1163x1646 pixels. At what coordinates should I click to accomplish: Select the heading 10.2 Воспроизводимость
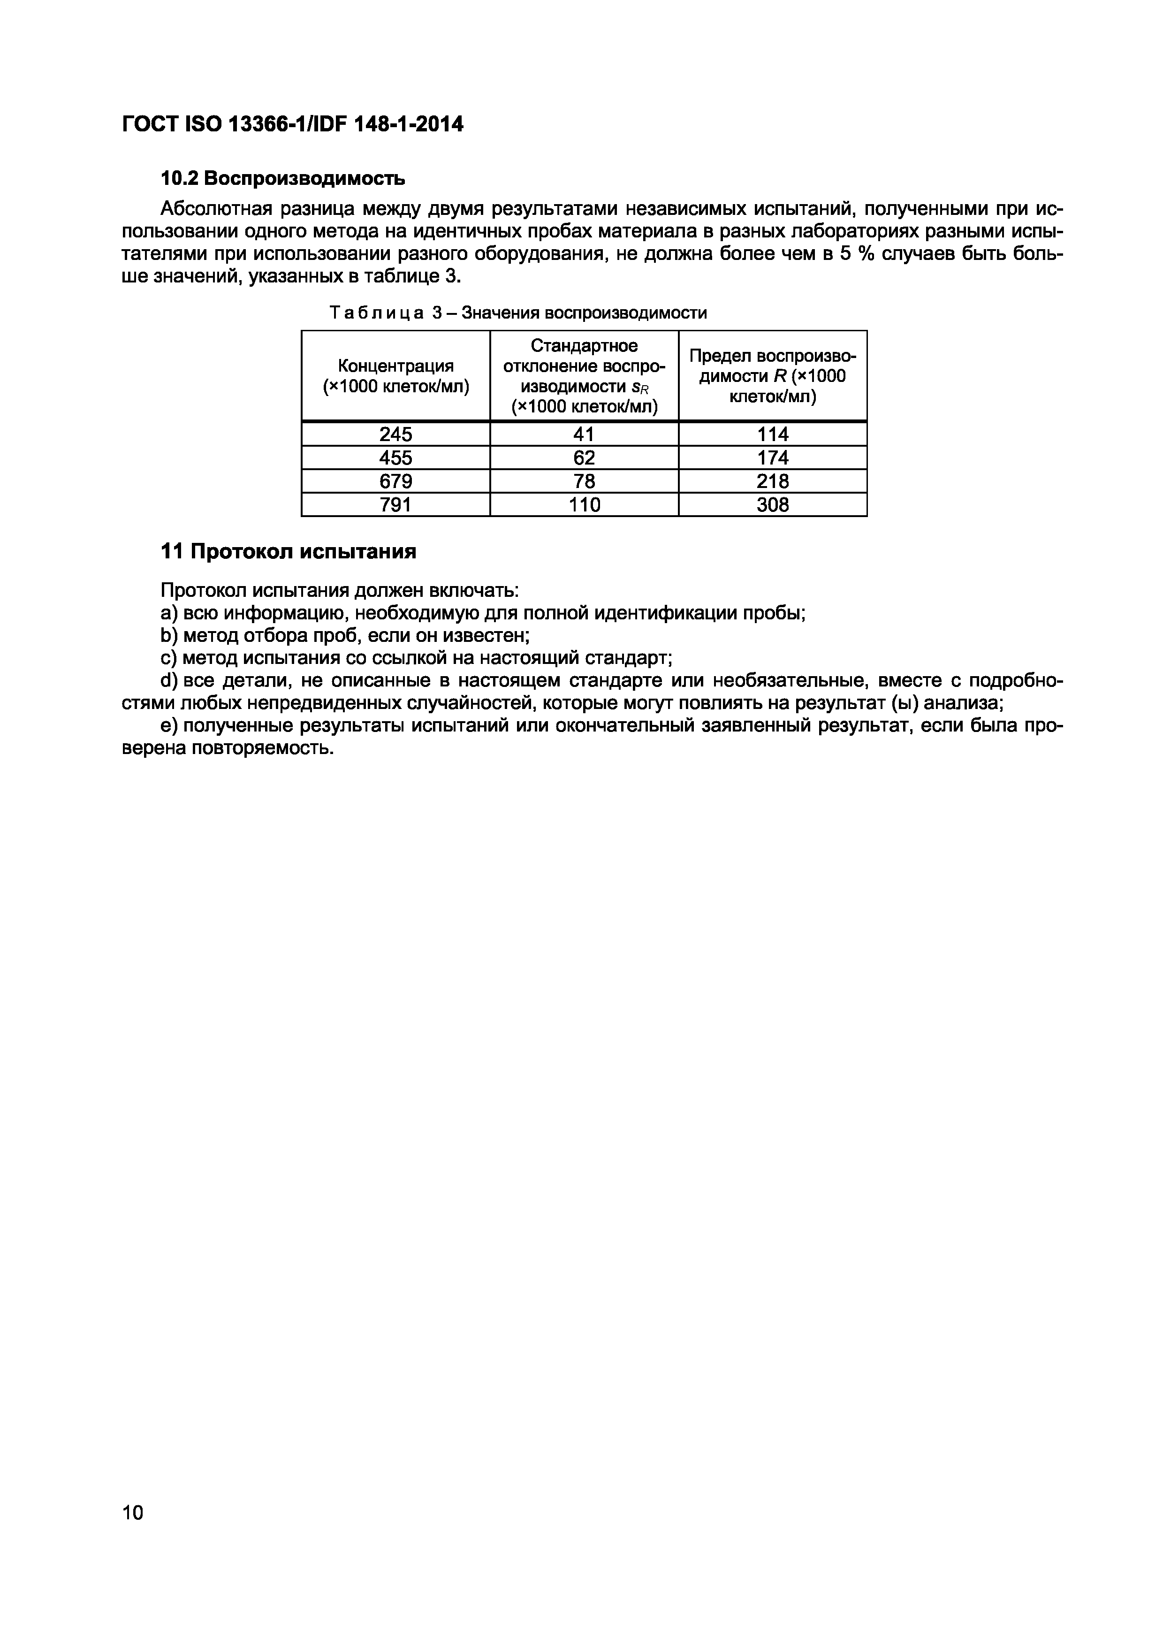point(282,178)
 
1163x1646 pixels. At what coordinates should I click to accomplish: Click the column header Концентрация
point(395,376)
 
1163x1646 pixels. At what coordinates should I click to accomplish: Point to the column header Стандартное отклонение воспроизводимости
point(584,376)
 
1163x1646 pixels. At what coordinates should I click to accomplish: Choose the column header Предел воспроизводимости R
point(773,376)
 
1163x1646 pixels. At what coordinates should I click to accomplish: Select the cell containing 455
point(395,458)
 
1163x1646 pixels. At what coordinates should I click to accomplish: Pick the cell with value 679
point(395,481)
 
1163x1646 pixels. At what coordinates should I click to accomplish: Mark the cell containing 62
point(584,458)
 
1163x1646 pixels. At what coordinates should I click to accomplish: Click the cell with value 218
point(773,481)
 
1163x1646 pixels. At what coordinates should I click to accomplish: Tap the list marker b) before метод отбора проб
point(168,635)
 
